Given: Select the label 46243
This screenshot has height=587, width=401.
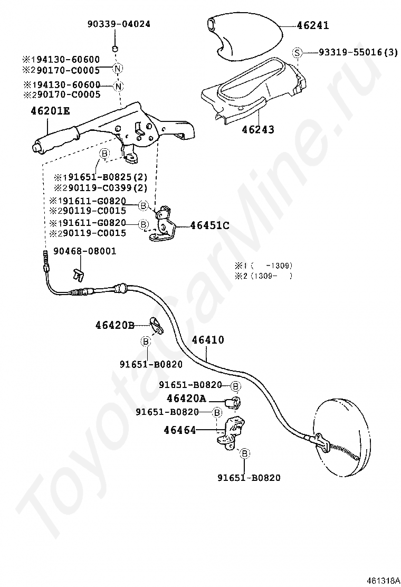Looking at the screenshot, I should (258, 129).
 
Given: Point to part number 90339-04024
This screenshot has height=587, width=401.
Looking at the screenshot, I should (119, 24).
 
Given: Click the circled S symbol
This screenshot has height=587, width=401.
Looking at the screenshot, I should (297, 52).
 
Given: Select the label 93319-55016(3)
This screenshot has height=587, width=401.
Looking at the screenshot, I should (358, 52).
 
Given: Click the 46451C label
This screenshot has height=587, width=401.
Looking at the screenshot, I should (209, 225).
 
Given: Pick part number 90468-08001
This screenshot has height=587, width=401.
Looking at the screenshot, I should (84, 251).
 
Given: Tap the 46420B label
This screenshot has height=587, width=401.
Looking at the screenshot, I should (115, 325).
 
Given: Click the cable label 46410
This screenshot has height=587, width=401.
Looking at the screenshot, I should (208, 340).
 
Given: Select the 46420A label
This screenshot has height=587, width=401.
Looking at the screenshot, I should (186, 399).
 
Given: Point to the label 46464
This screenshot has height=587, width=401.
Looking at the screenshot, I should (180, 430).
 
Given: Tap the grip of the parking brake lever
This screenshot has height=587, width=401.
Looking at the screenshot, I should (55, 141).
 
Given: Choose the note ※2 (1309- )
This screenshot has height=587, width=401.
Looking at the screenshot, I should (263, 276).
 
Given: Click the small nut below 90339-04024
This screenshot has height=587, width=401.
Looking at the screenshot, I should (115, 49).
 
